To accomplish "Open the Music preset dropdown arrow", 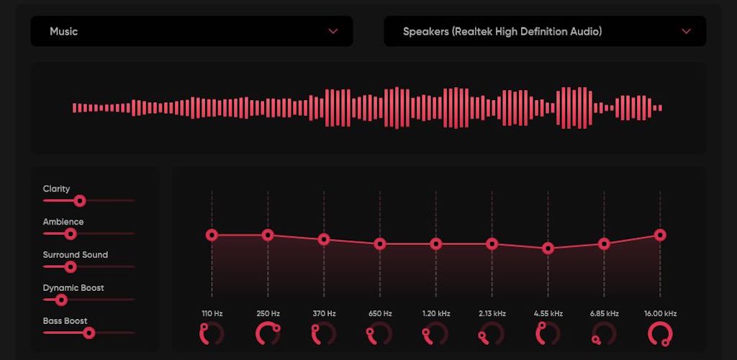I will click(333, 31).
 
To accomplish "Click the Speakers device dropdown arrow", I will click(686, 31).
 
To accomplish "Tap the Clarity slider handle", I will click(80, 201).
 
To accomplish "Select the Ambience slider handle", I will click(71, 233).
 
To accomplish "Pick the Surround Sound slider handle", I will click(71, 266).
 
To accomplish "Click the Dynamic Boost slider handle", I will click(61, 300).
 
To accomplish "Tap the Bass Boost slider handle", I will click(89, 333).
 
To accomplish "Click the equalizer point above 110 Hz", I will click(212, 235).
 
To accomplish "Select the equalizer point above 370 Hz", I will click(324, 240).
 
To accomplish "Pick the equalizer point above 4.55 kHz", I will click(548, 248).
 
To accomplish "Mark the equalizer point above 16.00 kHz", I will click(660, 235).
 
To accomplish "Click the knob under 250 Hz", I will click(268, 333).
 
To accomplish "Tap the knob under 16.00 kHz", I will click(660, 333).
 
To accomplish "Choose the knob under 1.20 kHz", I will click(435, 333).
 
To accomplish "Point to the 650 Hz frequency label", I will click(380, 313).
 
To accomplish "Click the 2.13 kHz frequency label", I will click(492, 313).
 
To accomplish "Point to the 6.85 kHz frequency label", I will click(604, 313).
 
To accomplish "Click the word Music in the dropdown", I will click(63, 31).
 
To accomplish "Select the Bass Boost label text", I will click(65, 320).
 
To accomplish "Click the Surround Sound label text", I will click(75, 254).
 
